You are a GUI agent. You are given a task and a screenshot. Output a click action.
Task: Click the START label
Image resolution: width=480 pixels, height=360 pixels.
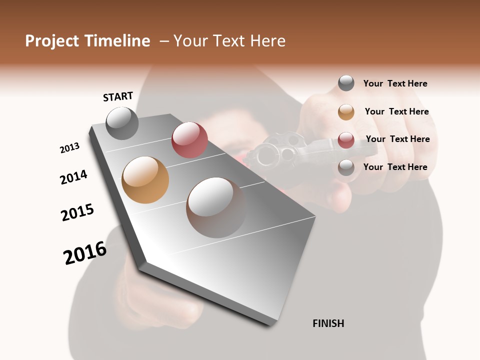click(x=118, y=96)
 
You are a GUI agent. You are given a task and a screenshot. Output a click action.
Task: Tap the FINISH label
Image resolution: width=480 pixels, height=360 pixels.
click(x=328, y=323)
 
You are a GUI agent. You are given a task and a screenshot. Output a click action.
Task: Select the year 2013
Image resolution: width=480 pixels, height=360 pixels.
click(x=69, y=148)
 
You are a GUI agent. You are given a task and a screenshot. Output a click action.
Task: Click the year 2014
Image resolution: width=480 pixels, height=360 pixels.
click(x=73, y=177)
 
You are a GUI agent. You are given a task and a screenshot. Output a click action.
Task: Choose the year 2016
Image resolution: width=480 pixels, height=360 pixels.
click(x=85, y=253)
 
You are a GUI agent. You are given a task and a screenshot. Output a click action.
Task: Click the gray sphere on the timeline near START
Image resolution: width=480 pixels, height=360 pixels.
click(x=122, y=123)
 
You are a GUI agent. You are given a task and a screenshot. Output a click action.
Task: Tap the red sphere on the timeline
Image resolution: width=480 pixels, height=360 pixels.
click(x=189, y=140)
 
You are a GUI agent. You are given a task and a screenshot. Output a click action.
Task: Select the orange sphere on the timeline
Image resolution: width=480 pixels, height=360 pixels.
click(x=145, y=180)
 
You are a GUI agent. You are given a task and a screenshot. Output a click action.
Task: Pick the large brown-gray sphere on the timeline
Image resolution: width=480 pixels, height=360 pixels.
click(x=216, y=207)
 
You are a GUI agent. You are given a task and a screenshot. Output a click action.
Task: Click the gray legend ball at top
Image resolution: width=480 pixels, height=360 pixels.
click(x=346, y=83)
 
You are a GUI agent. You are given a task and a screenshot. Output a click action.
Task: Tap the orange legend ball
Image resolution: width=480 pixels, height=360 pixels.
click(x=346, y=112)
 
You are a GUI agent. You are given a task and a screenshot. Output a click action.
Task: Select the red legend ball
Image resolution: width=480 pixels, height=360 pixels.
click(x=346, y=139)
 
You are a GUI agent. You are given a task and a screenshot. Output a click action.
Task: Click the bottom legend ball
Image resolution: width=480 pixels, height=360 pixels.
click(x=346, y=167)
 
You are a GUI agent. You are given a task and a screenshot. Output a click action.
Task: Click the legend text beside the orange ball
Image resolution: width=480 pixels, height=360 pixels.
click(x=396, y=111)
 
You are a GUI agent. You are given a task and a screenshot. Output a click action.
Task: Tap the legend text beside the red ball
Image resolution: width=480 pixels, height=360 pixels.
click(x=397, y=139)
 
